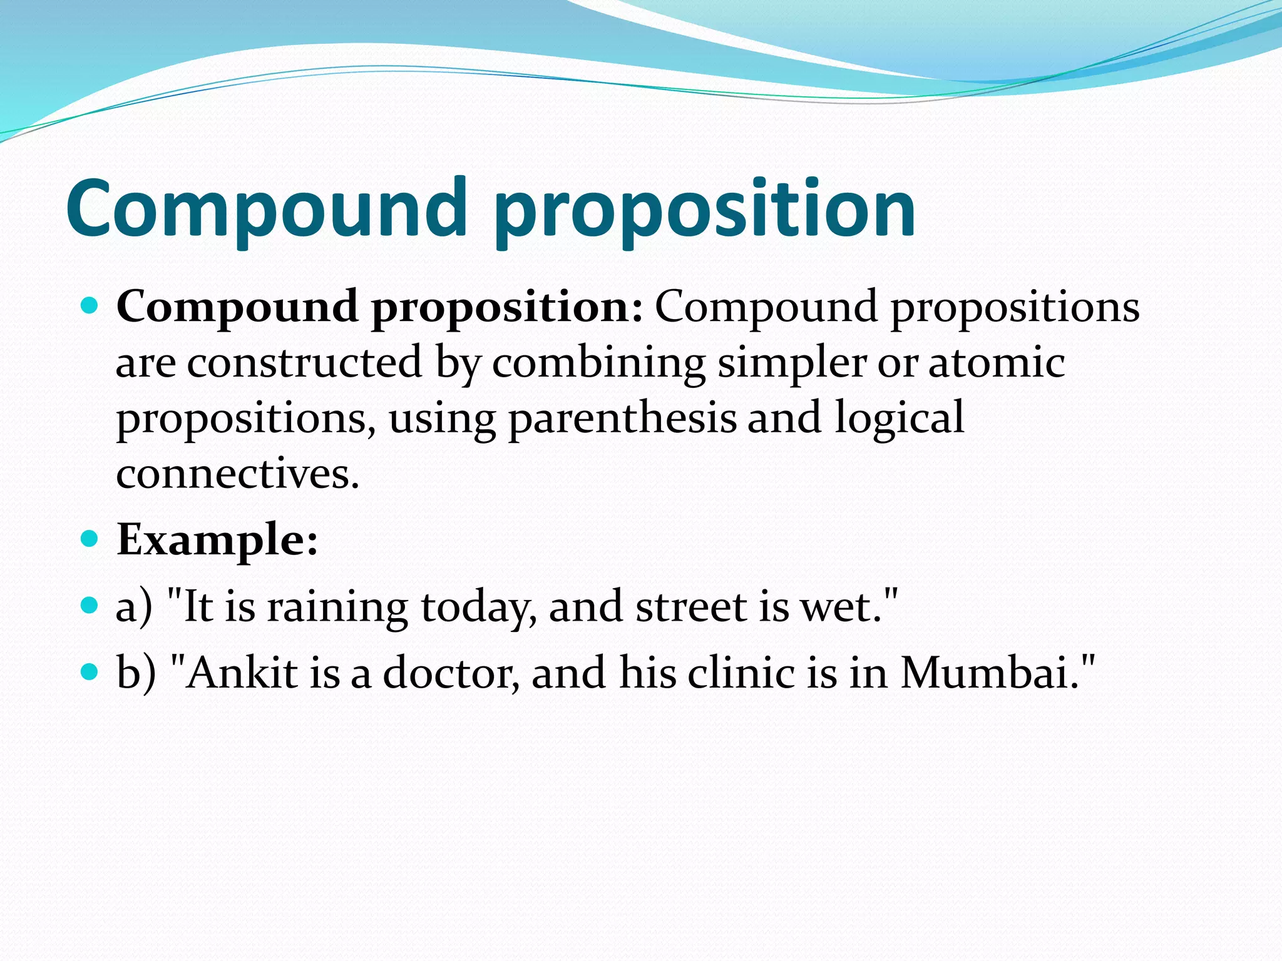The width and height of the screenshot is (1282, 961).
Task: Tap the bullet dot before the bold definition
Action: tap(90, 306)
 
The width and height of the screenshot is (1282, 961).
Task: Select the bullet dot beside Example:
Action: tap(90, 538)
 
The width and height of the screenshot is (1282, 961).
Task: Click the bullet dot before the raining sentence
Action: tap(90, 605)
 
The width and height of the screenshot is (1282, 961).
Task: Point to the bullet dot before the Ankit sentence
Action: tap(90, 672)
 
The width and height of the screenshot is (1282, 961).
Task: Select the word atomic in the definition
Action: tap(996, 363)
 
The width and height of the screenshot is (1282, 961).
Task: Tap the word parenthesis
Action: tap(622, 419)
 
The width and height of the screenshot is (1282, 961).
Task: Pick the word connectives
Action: tap(238, 474)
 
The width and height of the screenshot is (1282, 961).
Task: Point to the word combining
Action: tap(598, 364)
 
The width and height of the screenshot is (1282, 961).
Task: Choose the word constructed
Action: tap(305, 363)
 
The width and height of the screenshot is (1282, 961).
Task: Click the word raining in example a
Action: tap(337, 608)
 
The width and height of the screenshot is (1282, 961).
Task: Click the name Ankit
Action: tap(241, 673)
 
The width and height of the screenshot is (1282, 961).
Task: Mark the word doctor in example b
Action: tap(450, 674)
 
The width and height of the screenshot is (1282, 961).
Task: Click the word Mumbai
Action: tap(987, 673)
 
